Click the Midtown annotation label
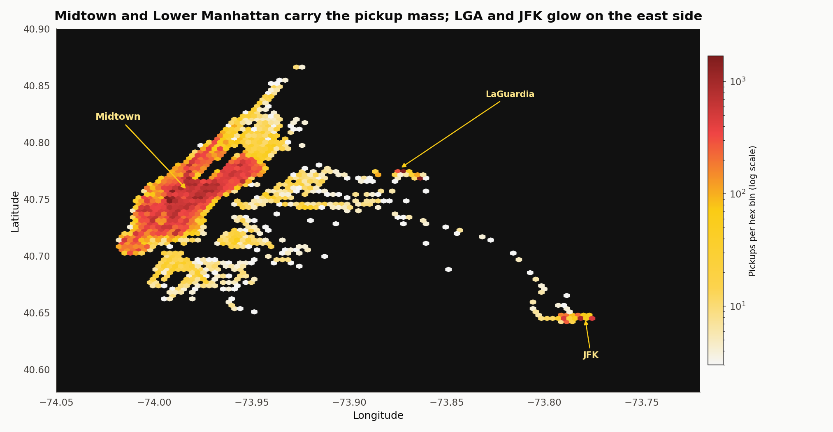[x=118, y=117]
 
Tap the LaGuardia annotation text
[x=510, y=94]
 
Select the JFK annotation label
[x=591, y=355]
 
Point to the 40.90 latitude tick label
[x=37, y=29]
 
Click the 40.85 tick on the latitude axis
[x=37, y=86]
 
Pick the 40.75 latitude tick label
[x=37, y=200]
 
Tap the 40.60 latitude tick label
[x=37, y=370]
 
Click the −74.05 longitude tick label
[x=56, y=402]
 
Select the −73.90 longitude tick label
[x=349, y=402]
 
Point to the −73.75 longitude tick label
[x=642, y=402]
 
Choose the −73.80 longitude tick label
[x=544, y=402]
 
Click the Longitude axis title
[x=378, y=416]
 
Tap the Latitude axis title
[x=15, y=211]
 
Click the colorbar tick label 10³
[x=738, y=81]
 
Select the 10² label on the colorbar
[x=738, y=194]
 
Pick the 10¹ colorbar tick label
[x=738, y=306]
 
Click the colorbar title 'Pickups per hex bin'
[x=752, y=211]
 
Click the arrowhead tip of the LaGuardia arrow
[x=402, y=167]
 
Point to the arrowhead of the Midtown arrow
[x=186, y=188]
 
